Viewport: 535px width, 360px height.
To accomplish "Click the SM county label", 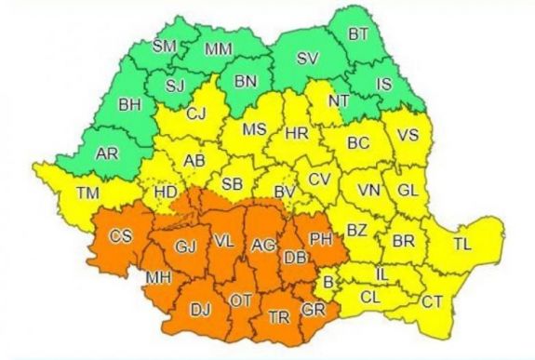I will tap(165, 46).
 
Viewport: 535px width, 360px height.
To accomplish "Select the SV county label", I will tap(307, 58).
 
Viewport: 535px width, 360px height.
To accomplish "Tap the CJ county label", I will tap(195, 115).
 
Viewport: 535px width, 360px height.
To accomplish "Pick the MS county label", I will tap(255, 130).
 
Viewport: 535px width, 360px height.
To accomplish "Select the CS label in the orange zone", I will tap(120, 236).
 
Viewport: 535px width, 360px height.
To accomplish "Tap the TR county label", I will tap(277, 316).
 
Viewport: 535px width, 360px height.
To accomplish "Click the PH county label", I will tap(321, 239).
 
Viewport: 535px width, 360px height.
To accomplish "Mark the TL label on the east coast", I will tap(462, 246).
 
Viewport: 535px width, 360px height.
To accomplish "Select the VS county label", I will tap(407, 134).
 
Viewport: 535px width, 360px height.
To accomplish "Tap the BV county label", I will tap(285, 193).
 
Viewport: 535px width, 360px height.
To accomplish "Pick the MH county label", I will tap(155, 278).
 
